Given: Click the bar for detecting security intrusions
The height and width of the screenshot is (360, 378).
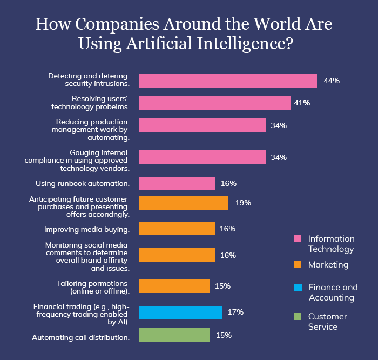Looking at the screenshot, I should click(x=228, y=81).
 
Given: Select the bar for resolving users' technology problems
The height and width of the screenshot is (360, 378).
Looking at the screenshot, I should click(x=215, y=103).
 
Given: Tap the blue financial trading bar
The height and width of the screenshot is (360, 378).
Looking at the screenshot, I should click(x=180, y=312).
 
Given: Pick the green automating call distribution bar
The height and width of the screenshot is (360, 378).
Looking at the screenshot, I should click(x=174, y=335).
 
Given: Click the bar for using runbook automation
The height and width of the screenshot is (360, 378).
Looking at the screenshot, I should click(x=177, y=183).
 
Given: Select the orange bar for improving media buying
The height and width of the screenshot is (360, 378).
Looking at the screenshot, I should click(x=177, y=229).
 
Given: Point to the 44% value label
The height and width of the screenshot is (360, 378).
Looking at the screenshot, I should click(x=331, y=81).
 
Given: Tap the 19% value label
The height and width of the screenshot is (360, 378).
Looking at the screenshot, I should click(x=243, y=203).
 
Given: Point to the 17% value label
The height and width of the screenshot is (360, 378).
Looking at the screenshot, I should click(x=235, y=312).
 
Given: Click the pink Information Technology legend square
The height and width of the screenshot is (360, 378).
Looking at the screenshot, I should click(x=297, y=239).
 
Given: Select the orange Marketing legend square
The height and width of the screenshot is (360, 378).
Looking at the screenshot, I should click(x=297, y=265).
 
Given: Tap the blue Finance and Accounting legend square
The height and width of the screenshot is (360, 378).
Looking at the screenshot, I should click(x=297, y=288).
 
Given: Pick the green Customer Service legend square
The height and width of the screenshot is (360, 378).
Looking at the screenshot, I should click(x=297, y=317).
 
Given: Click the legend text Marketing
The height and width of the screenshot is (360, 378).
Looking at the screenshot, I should click(x=328, y=265).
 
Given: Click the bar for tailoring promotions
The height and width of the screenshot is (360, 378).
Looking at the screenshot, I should click(x=174, y=286).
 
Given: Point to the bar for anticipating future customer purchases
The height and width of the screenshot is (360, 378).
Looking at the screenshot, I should click(x=184, y=203).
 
